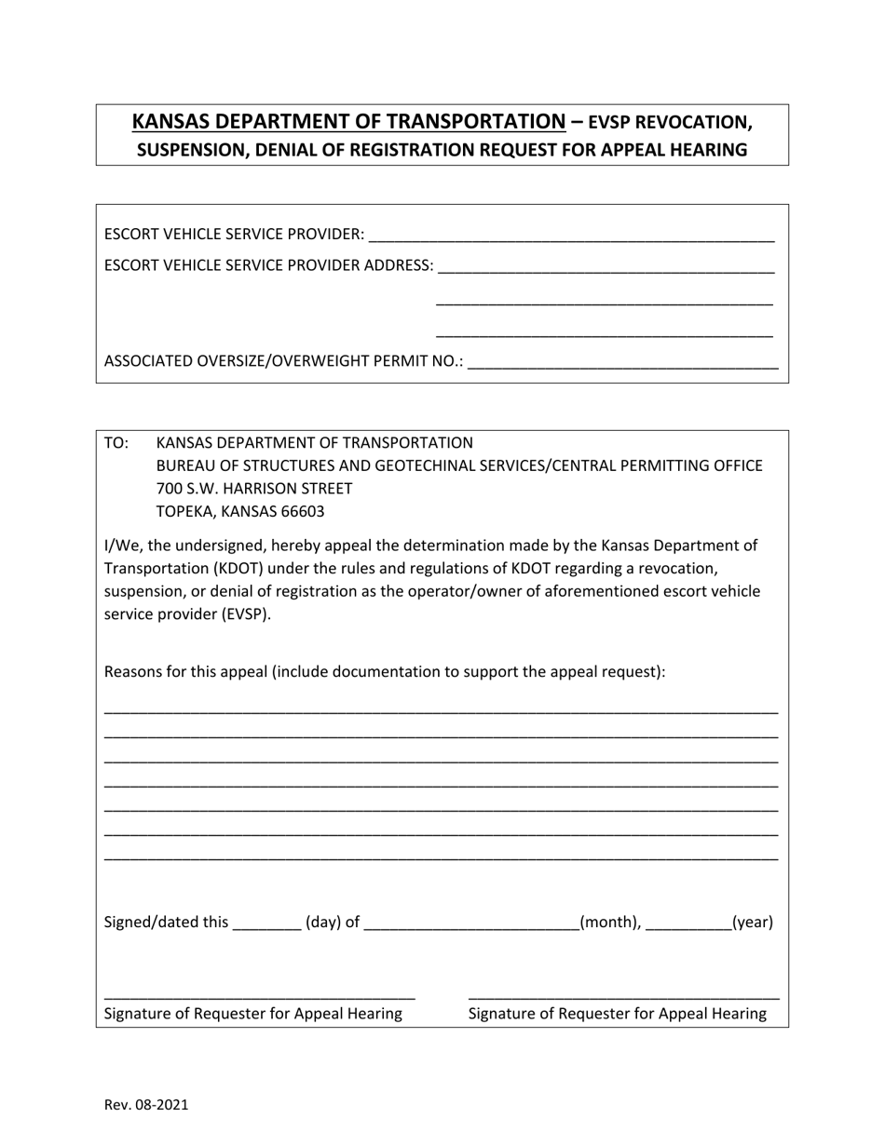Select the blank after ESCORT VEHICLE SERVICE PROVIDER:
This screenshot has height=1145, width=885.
[571, 235]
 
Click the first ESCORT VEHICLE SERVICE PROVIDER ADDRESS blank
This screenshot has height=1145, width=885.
[606, 266]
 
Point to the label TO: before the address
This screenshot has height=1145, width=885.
[116, 443]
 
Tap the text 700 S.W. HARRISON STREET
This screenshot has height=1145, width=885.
[254, 489]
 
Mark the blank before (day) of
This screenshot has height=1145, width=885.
[266, 923]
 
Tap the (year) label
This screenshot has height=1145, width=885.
[753, 923]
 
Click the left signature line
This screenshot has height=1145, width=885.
[260, 995]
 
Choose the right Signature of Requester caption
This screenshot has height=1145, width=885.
[618, 1014]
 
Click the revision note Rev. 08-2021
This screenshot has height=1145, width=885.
[146, 1105]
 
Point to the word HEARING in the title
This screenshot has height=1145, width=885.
[705, 149]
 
